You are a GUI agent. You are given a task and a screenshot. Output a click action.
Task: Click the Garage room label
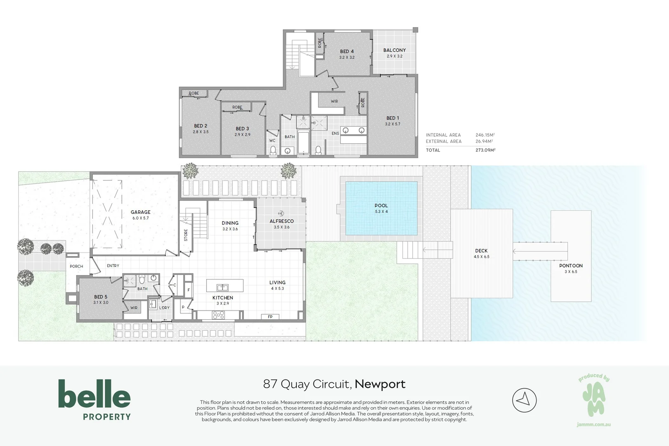click(x=141, y=212)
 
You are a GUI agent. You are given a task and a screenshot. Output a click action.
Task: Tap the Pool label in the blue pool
click(x=381, y=206)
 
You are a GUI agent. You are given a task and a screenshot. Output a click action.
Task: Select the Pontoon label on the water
click(x=571, y=266)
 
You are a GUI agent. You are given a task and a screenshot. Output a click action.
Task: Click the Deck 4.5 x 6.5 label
click(x=481, y=251)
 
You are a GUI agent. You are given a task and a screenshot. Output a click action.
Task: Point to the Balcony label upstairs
click(x=394, y=50)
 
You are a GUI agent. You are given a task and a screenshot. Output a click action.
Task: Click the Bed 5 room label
click(x=101, y=297)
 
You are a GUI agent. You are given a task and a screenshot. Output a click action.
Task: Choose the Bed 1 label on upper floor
click(x=392, y=118)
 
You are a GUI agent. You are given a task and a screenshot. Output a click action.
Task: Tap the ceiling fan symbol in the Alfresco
click(x=281, y=213)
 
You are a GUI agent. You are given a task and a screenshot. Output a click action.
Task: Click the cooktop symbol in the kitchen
click(x=218, y=315)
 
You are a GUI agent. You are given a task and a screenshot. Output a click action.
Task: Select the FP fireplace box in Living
click(x=270, y=317)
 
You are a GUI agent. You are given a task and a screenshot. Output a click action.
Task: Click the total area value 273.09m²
click(x=485, y=150)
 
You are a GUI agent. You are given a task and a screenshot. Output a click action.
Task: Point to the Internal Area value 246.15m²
click(x=485, y=135)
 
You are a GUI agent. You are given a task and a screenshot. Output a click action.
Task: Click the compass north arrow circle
click(x=524, y=400)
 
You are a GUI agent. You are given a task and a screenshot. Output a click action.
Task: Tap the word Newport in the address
click(x=380, y=384)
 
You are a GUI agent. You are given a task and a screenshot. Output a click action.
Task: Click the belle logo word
click(x=94, y=394)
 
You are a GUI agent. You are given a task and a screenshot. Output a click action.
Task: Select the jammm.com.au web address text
click(x=593, y=425)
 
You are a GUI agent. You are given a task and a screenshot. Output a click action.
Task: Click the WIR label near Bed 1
click(x=334, y=101)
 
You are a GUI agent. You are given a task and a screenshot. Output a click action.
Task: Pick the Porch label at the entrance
click(x=76, y=266)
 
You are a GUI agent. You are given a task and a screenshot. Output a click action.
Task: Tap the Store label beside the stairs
click(x=186, y=235)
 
